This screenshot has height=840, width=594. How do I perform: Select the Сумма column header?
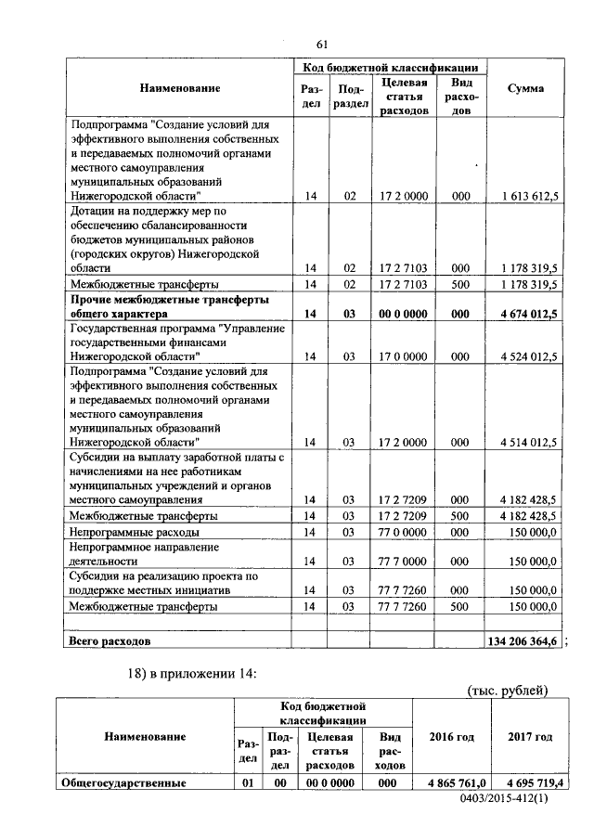[525, 88]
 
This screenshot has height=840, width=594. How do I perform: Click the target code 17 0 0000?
[404, 355]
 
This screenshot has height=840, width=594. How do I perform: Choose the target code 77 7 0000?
[404, 562]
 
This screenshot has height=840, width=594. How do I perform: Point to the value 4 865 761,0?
[452, 782]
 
